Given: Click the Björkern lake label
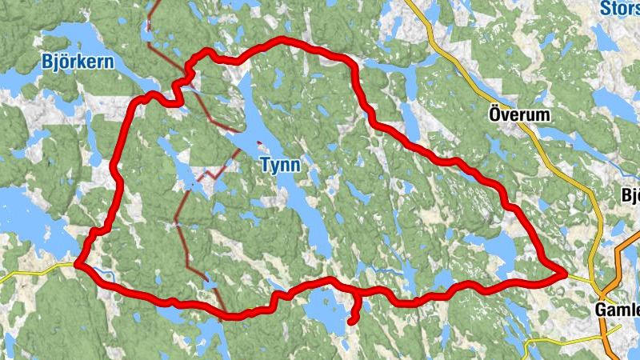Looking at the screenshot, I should (77, 61).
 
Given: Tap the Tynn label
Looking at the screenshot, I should (280, 165).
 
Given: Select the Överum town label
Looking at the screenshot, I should (519, 115).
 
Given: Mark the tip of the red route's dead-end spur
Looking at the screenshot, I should (351, 321).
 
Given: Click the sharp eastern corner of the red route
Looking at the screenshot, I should (566, 274).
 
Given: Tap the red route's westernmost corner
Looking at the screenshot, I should (77, 262).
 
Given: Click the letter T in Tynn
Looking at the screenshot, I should (265, 165).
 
